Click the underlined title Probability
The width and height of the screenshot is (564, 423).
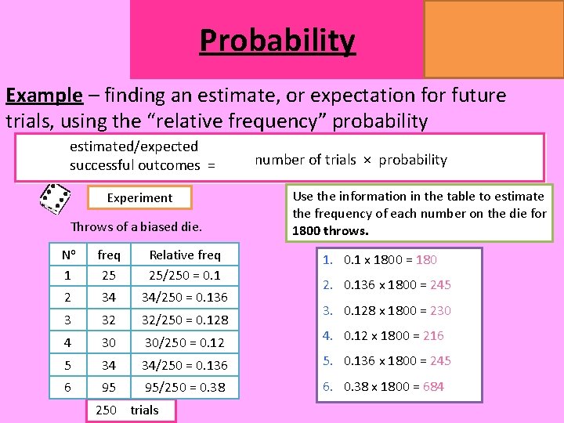[x=277, y=40]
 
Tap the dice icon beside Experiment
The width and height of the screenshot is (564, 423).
[x=56, y=199]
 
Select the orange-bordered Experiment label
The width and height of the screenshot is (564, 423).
[x=139, y=198]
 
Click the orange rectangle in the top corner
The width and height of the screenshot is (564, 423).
[x=493, y=38]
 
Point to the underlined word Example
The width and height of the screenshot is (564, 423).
[x=44, y=96]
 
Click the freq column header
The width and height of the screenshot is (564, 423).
[x=108, y=255]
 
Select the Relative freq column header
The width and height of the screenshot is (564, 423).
[x=185, y=255]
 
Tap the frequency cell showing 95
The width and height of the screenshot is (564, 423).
[x=108, y=388]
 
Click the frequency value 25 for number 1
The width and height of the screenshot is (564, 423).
[x=108, y=275]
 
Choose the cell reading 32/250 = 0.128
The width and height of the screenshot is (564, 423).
[x=185, y=320]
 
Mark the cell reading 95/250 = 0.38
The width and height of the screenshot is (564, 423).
[x=185, y=388]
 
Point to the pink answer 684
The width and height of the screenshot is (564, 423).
[x=432, y=386]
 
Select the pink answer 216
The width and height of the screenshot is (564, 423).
[x=432, y=335]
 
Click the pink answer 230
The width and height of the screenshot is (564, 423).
[x=439, y=310]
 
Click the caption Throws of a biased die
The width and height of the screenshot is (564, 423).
[x=136, y=227]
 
